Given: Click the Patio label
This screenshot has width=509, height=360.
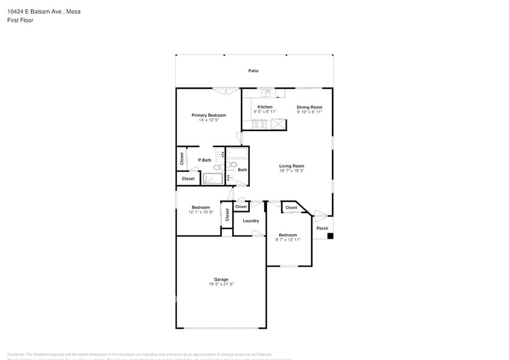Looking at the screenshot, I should [253, 71].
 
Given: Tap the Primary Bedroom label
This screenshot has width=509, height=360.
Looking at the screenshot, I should [208, 115].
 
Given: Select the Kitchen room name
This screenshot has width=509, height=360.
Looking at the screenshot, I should [265, 107].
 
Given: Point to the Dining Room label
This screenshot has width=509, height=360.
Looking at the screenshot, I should [309, 107].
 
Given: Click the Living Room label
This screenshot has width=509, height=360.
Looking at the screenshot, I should [292, 166].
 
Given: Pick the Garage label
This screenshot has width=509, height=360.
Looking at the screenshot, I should [221, 279].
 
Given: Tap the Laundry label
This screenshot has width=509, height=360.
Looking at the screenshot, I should [251, 220].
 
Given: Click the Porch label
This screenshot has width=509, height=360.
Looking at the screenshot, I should [322, 228].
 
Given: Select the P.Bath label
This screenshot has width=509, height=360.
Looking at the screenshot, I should [205, 160].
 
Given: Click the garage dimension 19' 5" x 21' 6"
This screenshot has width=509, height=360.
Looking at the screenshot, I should [221, 284].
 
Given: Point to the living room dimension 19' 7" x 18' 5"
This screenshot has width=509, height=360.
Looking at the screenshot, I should [292, 171].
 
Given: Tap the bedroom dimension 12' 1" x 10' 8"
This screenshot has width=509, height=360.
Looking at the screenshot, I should [200, 212].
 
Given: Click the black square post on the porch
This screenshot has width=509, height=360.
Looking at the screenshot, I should [330, 236].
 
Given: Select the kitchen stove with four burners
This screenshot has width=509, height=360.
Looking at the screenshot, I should [260, 124].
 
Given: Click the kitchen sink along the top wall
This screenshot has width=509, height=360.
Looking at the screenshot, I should [266, 93].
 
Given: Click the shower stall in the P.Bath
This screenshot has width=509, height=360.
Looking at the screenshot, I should [213, 179].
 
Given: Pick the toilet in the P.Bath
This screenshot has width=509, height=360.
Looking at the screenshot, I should [218, 166].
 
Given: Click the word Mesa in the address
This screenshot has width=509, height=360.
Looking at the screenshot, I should [74, 12].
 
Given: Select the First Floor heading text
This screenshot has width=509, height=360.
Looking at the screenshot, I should [21, 20].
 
